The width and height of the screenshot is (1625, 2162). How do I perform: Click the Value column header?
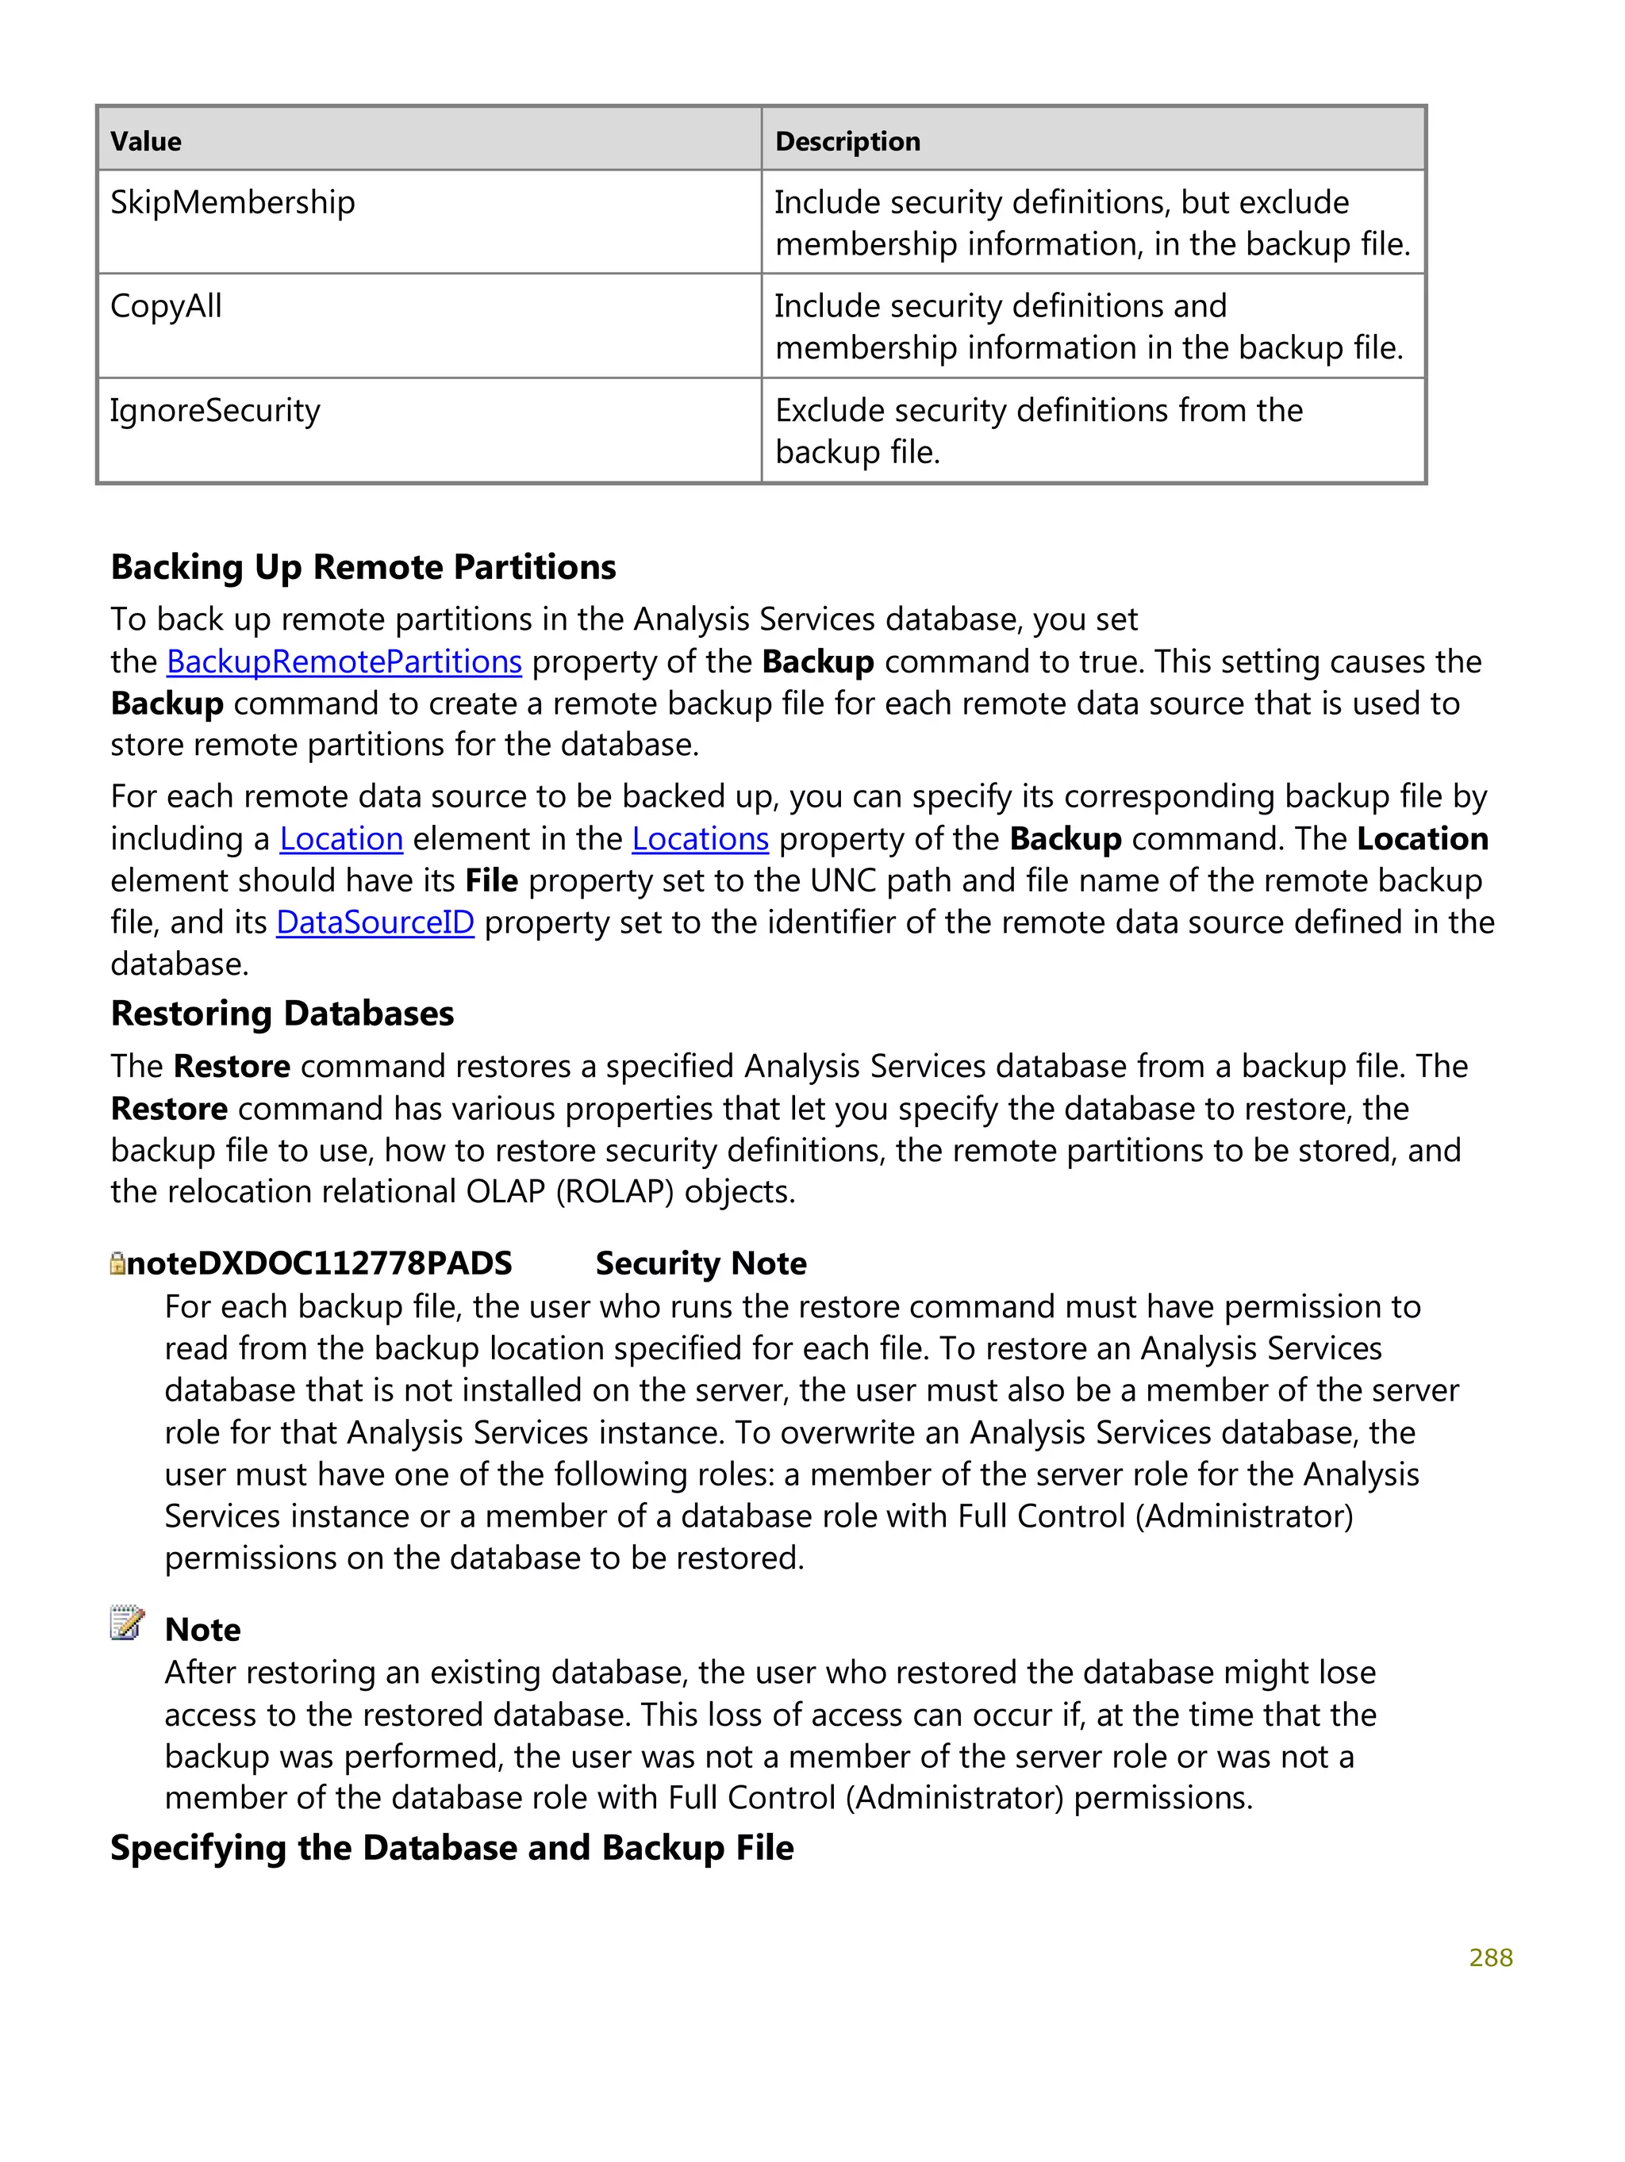pyautogui.click(x=146, y=142)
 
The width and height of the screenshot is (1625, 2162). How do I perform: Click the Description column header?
pyautogui.click(x=847, y=142)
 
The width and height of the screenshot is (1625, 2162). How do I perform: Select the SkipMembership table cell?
pyautogui.click(x=232, y=202)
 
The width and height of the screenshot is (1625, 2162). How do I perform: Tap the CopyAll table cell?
pyautogui.click(x=166, y=306)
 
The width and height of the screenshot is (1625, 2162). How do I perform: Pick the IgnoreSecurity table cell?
pyautogui.click(x=215, y=411)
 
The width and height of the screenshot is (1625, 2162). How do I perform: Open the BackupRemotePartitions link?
pyautogui.click(x=344, y=661)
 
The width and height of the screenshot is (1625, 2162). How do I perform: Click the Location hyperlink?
pyautogui.click(x=341, y=838)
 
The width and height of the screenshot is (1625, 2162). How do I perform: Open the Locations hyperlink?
pyautogui.click(x=700, y=838)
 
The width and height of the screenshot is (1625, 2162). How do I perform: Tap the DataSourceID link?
pyautogui.click(x=375, y=922)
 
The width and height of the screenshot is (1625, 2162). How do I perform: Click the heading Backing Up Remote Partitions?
pyautogui.click(x=363, y=567)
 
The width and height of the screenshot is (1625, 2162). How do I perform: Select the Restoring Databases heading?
pyautogui.click(x=282, y=1014)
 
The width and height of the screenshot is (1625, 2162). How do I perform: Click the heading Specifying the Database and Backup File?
pyautogui.click(x=451, y=1847)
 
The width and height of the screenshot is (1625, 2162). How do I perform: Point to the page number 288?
pyautogui.click(x=1490, y=1957)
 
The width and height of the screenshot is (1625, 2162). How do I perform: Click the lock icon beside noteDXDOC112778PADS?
pyautogui.click(x=117, y=1263)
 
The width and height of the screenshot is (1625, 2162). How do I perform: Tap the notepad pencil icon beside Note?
pyautogui.click(x=127, y=1623)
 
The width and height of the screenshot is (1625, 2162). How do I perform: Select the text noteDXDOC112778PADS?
pyautogui.click(x=319, y=1263)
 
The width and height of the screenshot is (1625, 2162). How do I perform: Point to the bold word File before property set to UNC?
pyautogui.click(x=491, y=880)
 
